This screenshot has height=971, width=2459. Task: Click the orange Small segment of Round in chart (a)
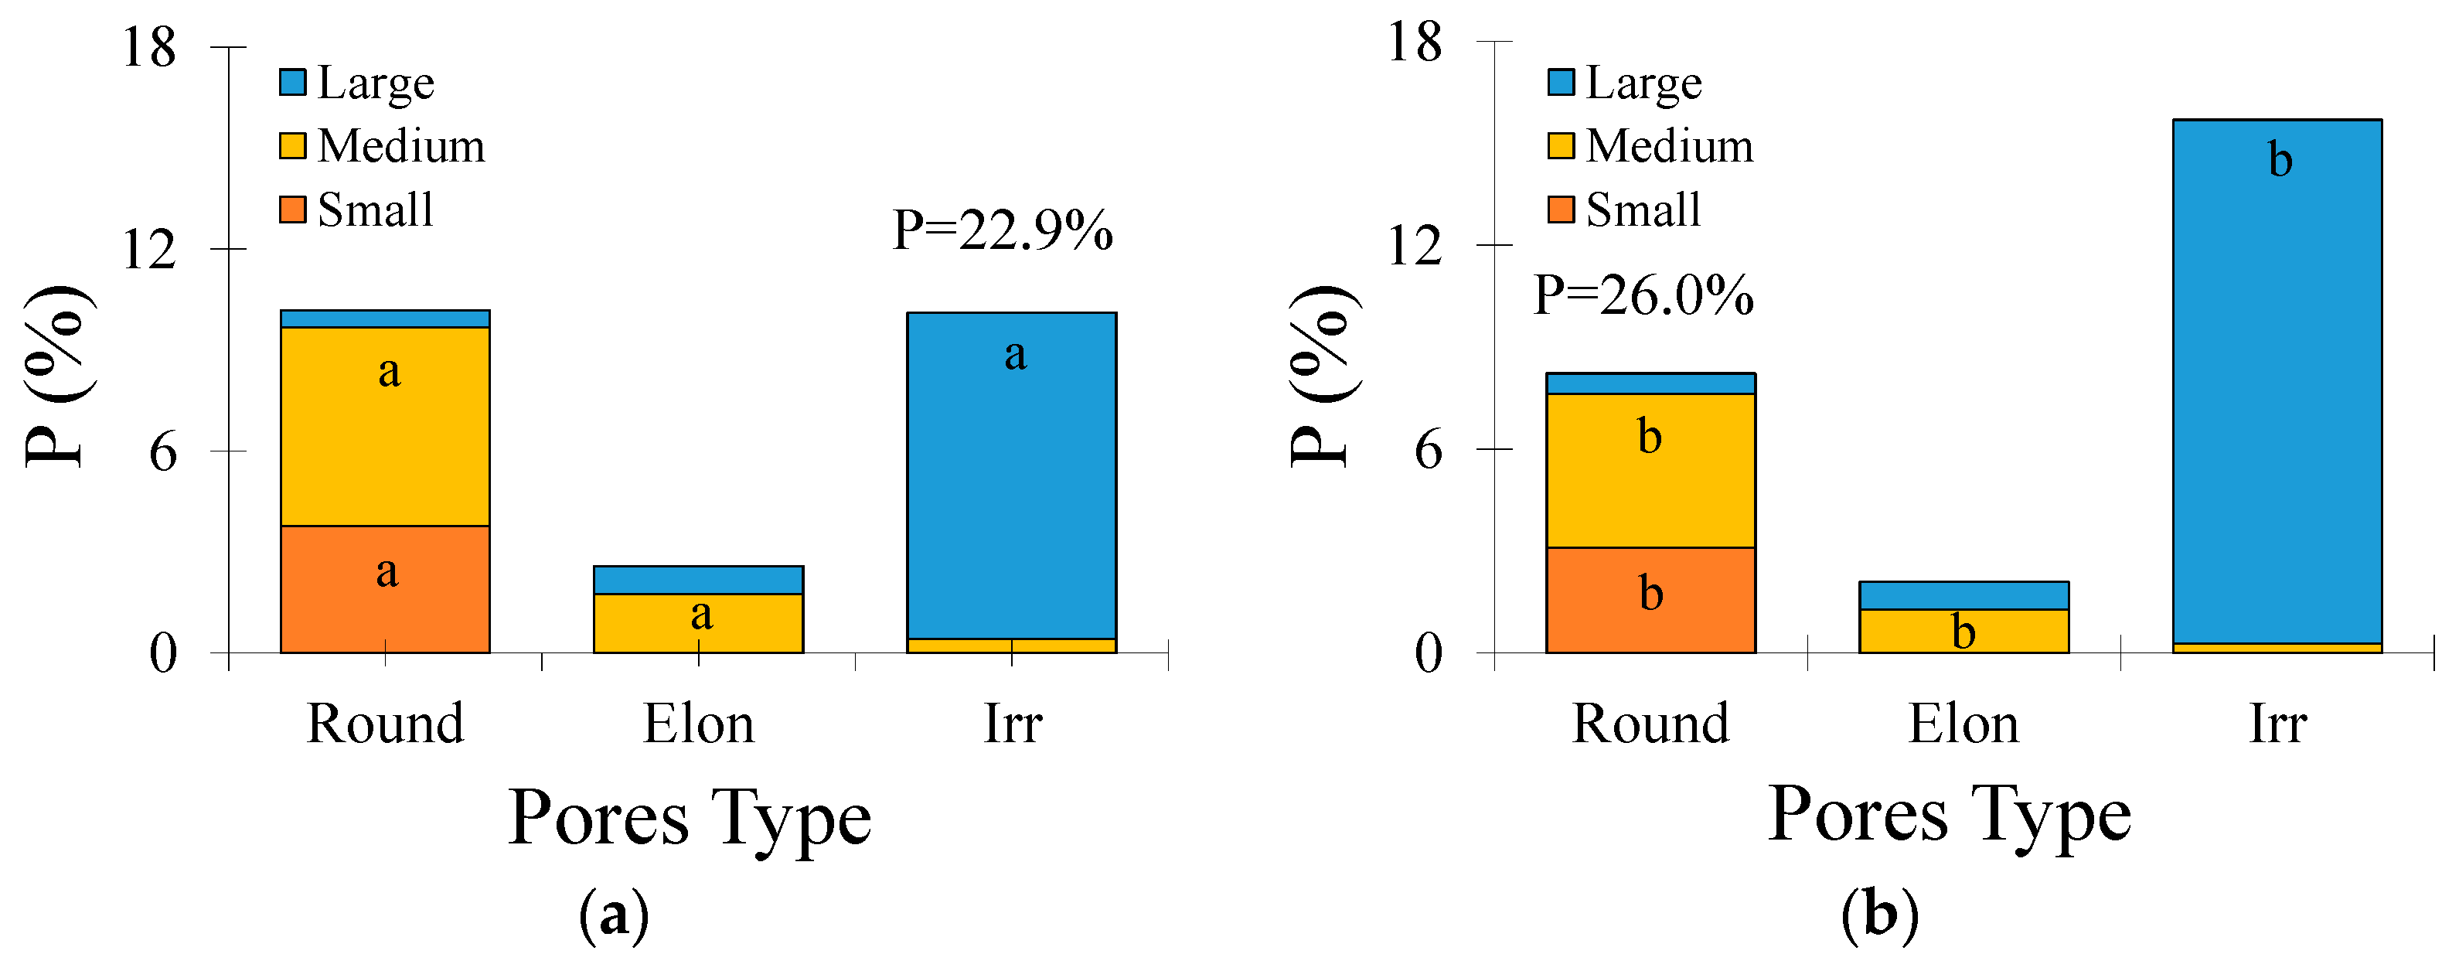click(x=385, y=589)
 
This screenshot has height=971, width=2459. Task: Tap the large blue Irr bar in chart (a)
click(x=1011, y=478)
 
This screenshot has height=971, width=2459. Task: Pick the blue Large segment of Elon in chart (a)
click(x=698, y=580)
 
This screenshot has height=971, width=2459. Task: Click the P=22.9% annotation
click(x=1003, y=231)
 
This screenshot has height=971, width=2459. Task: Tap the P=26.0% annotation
click(x=1643, y=295)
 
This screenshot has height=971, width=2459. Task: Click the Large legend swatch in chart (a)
click(x=293, y=82)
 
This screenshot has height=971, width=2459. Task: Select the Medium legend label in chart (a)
click(x=401, y=146)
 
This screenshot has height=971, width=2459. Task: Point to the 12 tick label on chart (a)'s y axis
click(x=149, y=251)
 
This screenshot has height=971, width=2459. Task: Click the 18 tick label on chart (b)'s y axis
click(x=1414, y=43)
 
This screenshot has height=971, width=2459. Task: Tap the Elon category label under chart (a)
click(x=698, y=724)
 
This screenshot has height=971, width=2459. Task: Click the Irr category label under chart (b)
click(x=2277, y=724)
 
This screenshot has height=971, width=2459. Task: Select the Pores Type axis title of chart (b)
click(x=1950, y=814)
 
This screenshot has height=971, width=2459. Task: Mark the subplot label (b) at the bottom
click(x=1878, y=915)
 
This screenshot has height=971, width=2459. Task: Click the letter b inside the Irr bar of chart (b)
click(x=2280, y=159)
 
